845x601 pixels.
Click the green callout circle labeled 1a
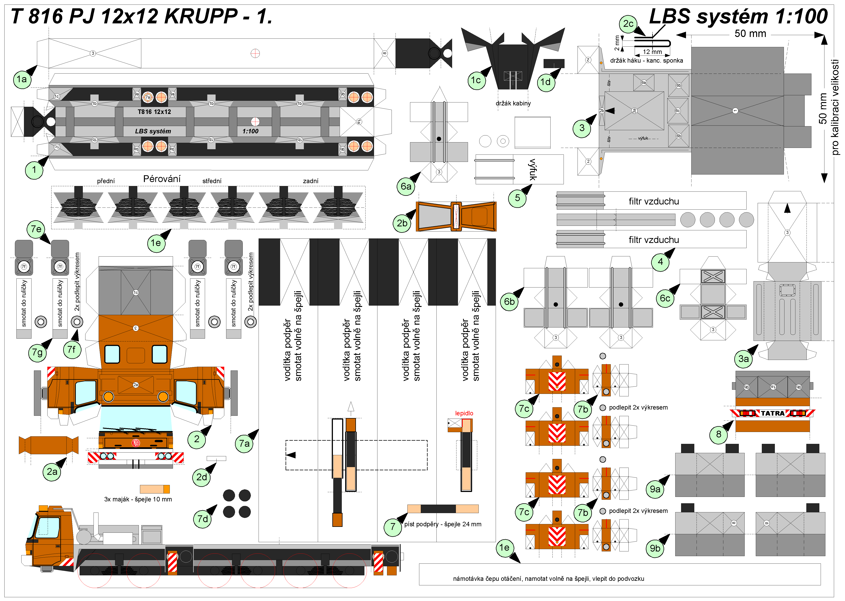[x=22, y=80]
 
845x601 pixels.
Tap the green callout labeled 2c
[x=628, y=24]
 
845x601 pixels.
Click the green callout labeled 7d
[x=202, y=519]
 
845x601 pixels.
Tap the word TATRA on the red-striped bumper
[x=773, y=413]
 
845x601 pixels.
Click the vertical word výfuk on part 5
[x=533, y=170]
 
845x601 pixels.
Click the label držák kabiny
[x=513, y=103]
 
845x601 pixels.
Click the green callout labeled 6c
[x=665, y=298]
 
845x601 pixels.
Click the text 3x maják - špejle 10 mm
[x=138, y=499]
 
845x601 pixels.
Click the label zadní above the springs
[x=310, y=181]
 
